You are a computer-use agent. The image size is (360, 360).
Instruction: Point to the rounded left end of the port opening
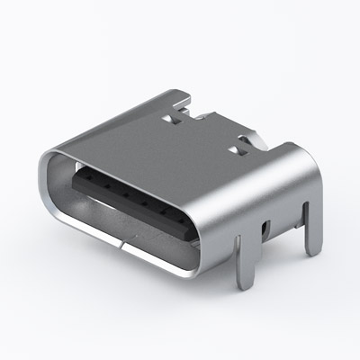point(54,184)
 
